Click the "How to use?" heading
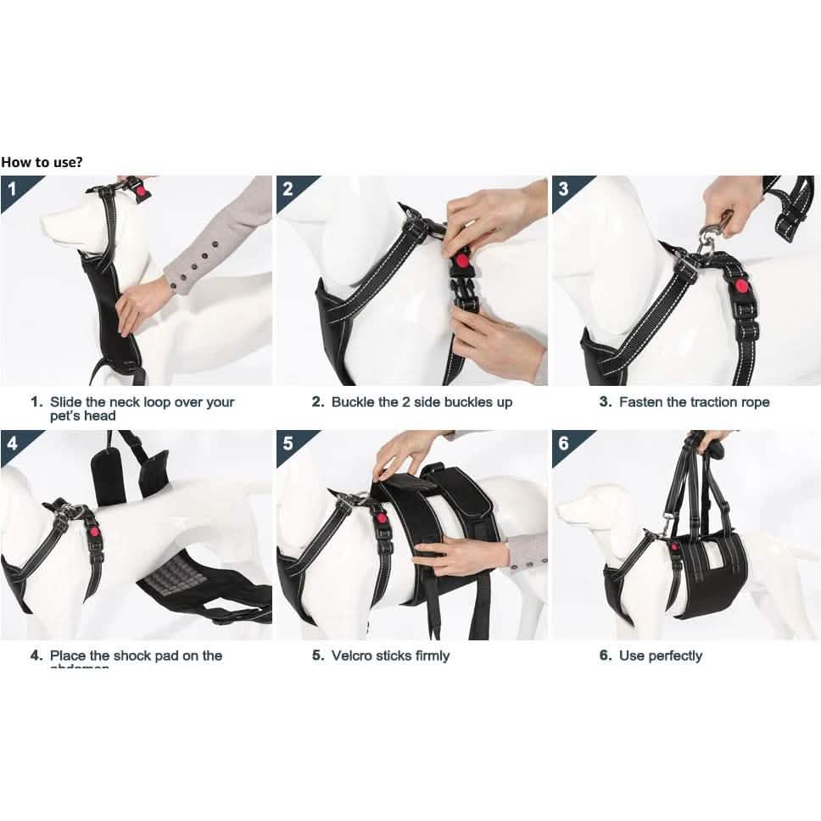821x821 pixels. click(42, 161)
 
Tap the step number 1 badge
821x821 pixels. click(11, 187)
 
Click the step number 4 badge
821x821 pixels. click(11, 443)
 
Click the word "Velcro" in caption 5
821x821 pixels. click(353, 656)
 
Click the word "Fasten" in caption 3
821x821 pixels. click(641, 402)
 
